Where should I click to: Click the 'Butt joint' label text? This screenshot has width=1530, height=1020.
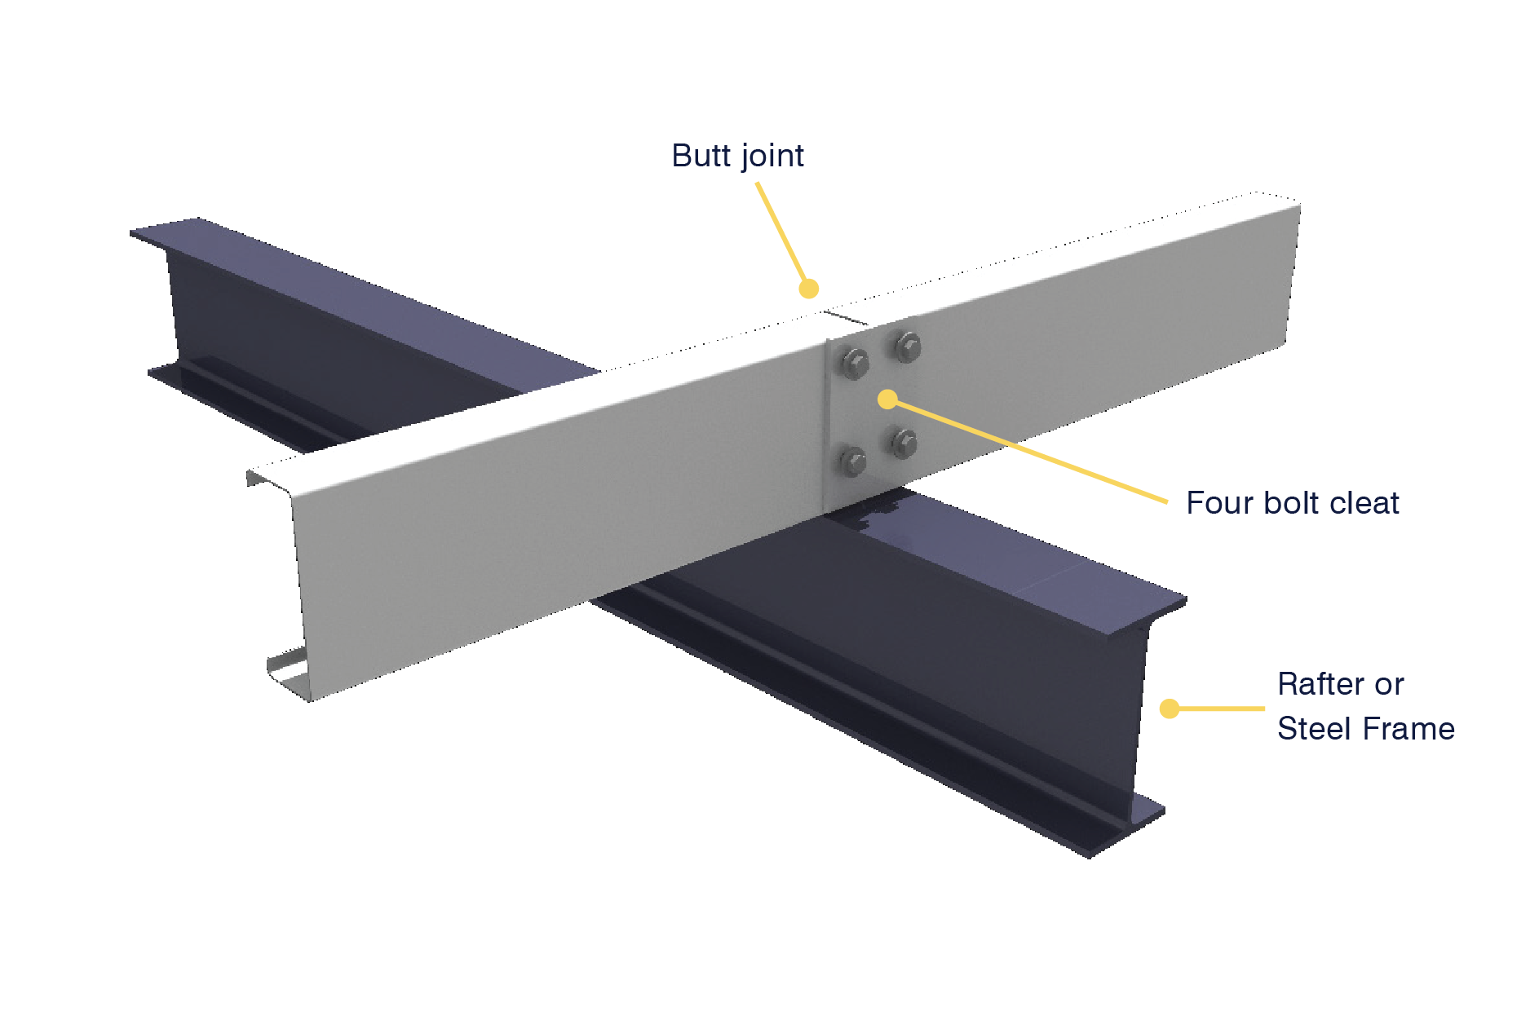pos(737,156)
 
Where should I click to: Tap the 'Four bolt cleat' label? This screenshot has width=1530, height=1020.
pos(1293,503)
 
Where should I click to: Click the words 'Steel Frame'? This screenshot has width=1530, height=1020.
pos(1366,728)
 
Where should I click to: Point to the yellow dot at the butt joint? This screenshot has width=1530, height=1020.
pos(808,289)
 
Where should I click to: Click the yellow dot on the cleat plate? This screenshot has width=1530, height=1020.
pos(887,400)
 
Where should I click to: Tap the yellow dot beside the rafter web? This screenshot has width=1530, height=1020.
pos(1170,709)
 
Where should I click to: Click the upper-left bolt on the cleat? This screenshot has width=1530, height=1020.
pos(853,364)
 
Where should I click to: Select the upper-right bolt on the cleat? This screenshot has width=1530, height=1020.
pos(907,347)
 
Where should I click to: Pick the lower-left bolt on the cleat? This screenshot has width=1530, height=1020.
pos(852,461)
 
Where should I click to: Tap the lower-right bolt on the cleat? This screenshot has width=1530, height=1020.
pos(904,444)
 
